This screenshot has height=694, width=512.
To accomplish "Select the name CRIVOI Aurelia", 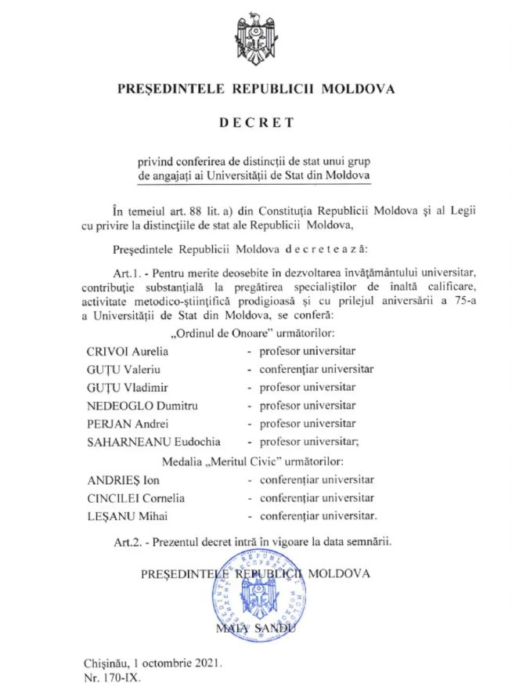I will (x=128, y=352).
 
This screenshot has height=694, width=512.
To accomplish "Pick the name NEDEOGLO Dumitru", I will (x=137, y=405).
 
